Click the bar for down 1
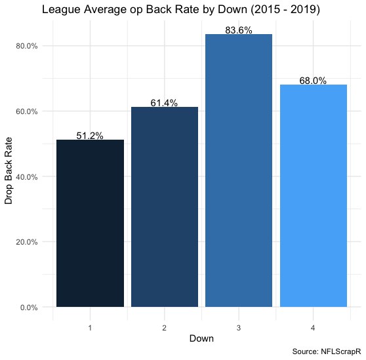coord(90,224)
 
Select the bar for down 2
coord(165,207)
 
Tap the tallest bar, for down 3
coord(239,170)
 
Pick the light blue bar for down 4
coord(314,196)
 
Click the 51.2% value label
coord(90,136)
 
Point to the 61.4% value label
coord(164,103)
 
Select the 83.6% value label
coord(239,30)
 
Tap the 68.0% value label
coord(313,81)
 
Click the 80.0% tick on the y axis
coord(27,46)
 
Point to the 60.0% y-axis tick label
coord(27,111)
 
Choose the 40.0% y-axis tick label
coord(27,177)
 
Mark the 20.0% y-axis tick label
coord(27,242)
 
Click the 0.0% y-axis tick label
coord(29,308)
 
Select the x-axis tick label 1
coord(90,328)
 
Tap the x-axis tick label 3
coord(239,328)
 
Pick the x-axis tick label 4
coord(313,328)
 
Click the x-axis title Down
coord(201,338)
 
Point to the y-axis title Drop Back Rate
coord(9,170)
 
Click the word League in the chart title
coord(62,10)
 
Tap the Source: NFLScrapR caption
coord(327,351)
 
